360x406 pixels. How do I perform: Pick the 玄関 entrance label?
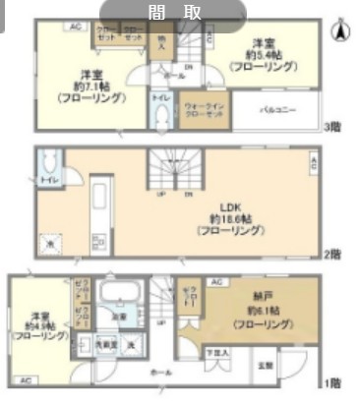click(266, 365)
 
